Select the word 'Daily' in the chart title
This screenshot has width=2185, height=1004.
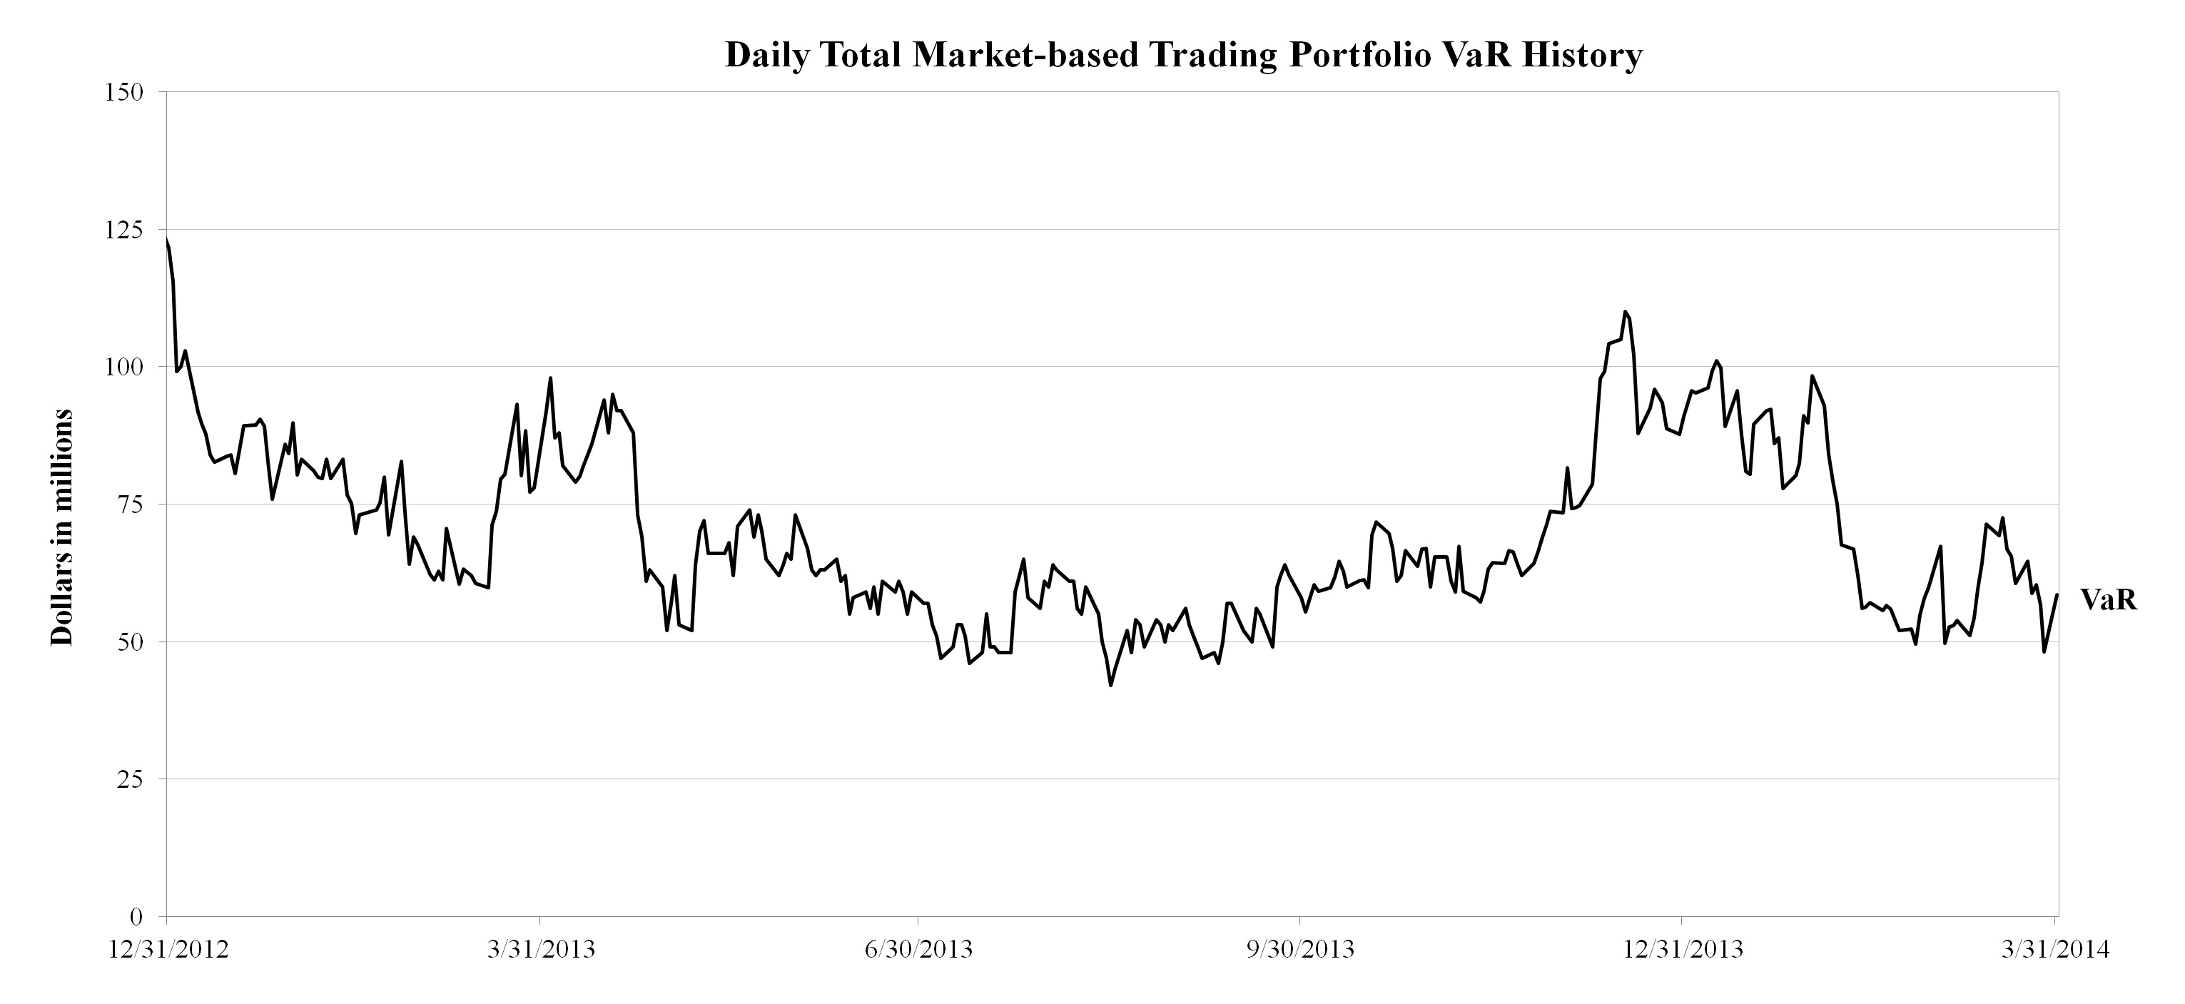(x=768, y=55)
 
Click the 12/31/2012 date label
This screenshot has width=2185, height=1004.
(x=169, y=949)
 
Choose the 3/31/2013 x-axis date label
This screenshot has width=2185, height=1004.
(x=540, y=949)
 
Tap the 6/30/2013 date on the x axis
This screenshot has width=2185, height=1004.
(x=918, y=949)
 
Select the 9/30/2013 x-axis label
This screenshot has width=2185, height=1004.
(x=1300, y=949)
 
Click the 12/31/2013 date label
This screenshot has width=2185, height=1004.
(x=1682, y=949)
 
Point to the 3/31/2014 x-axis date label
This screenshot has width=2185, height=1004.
(x=2054, y=949)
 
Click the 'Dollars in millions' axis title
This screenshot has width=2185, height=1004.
(x=62, y=527)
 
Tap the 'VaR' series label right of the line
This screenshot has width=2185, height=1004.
(x=2109, y=600)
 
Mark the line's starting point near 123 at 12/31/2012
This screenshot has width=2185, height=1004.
(x=167, y=240)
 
